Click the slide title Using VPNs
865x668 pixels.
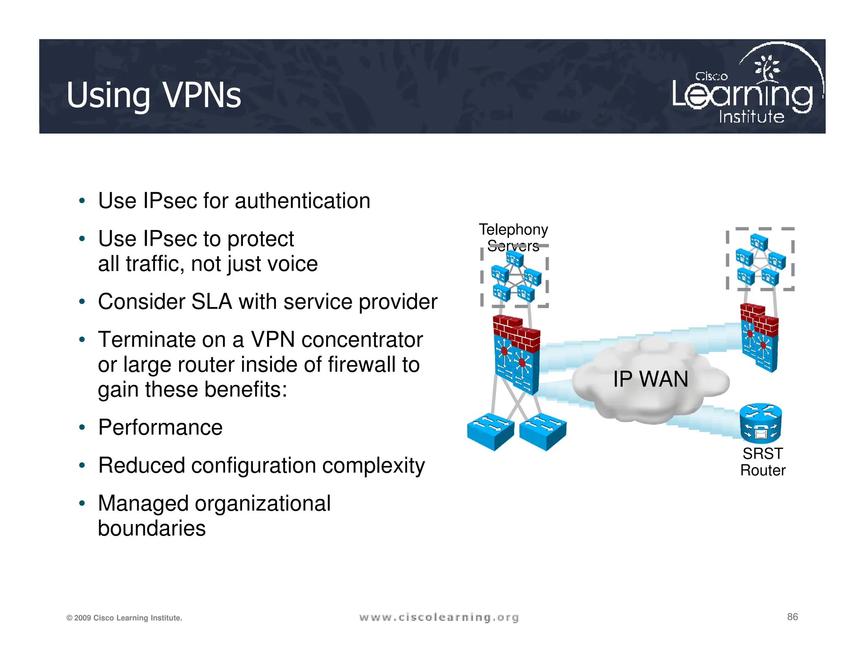click(154, 95)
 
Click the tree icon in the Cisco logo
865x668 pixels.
click(768, 68)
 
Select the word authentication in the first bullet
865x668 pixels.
click(302, 201)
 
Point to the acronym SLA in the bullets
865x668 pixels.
click(211, 302)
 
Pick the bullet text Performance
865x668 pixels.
click(160, 427)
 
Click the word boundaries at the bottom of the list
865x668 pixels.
click(152, 528)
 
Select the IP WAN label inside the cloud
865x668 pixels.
click(650, 379)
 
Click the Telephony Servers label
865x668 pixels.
click(513, 237)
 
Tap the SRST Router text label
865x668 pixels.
click(763, 462)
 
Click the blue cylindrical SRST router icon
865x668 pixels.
click(761, 423)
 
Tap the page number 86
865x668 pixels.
click(792, 617)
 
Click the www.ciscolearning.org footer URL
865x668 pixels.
click(439, 617)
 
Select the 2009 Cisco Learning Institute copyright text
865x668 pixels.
click(124, 618)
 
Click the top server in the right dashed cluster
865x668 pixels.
click(759, 242)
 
